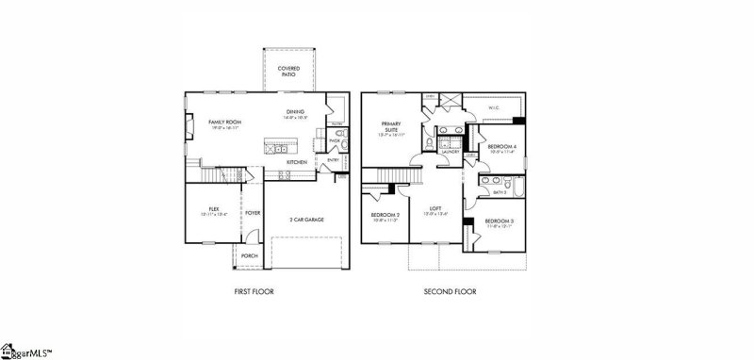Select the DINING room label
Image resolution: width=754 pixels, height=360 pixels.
point(296,112)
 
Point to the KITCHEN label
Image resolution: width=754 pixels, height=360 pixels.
point(297,162)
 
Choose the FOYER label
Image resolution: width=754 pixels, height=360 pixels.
point(253,213)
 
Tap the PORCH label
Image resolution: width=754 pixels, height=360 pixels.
point(249,255)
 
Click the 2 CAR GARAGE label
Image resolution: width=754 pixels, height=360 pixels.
point(306,219)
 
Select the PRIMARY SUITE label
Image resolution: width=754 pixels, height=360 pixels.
point(391,127)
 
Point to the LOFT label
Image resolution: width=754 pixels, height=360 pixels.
point(435,208)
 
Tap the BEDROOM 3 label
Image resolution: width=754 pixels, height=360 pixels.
point(499,221)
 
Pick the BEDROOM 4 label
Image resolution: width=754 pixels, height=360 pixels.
point(500,147)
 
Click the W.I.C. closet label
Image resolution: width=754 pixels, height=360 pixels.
point(493,108)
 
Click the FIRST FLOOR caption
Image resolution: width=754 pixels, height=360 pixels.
point(254,292)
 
